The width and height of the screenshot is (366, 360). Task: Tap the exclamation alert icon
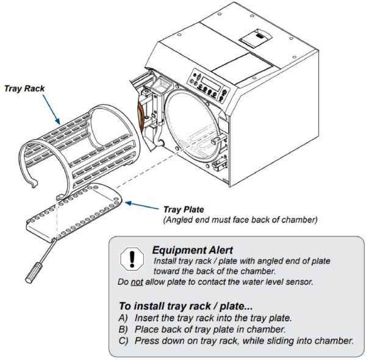click(128, 258)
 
